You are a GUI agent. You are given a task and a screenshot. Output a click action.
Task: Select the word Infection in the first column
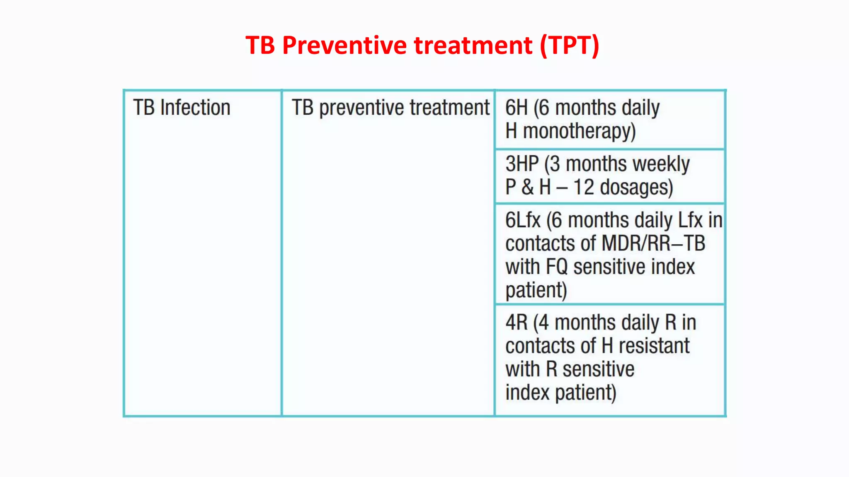tap(195, 108)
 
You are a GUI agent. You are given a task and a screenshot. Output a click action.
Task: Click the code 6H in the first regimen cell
tap(517, 108)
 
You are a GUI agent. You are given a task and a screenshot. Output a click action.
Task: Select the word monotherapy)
tap(579, 131)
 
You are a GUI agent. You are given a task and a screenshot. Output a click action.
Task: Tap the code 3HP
tap(522, 164)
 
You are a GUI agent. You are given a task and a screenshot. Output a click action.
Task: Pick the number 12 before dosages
tap(584, 187)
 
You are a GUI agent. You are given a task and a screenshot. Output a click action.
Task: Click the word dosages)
tap(636, 187)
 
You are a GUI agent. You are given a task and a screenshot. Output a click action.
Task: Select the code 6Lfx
tap(523, 220)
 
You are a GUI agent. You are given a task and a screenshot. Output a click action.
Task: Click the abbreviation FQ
tap(557, 267)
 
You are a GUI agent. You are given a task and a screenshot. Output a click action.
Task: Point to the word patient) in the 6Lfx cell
tap(536, 290)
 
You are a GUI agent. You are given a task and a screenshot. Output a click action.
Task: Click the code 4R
tap(517, 323)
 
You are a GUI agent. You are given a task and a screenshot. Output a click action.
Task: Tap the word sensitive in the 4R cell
tap(598, 369)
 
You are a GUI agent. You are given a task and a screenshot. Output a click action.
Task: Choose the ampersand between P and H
tap(527, 187)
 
